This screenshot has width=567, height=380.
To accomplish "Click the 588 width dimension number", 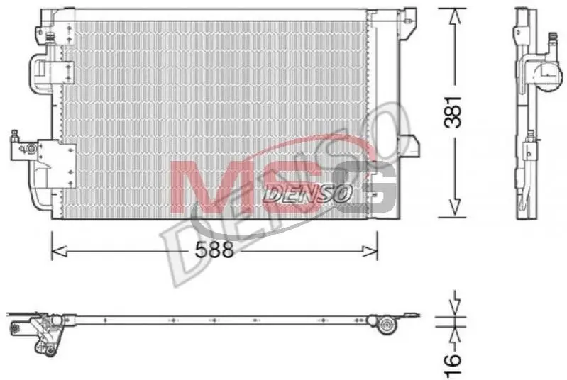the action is click(214, 250).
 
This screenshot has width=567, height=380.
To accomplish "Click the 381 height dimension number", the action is click(453, 112).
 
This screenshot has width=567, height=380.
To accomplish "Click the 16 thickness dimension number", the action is click(453, 365).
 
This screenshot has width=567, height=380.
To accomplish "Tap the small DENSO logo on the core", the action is click(307, 194).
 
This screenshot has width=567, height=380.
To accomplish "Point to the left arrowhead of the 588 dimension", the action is click(60, 251).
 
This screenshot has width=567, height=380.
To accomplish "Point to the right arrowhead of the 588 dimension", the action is click(370, 251).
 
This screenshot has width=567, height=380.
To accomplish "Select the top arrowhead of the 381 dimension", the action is click(455, 17).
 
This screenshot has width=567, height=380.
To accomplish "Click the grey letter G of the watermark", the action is click(365, 187).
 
